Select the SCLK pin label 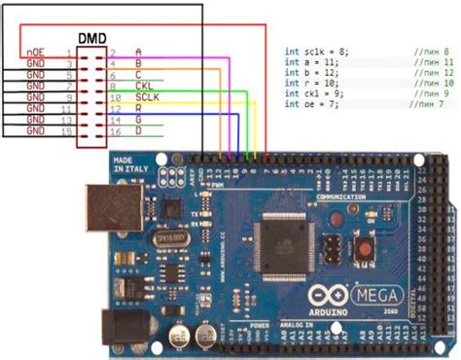147,97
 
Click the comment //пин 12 428,72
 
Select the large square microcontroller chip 284,242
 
